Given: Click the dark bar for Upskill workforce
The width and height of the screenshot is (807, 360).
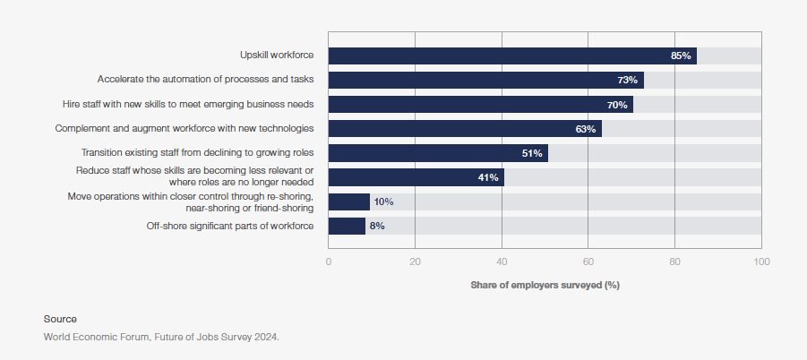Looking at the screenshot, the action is [x=512, y=56].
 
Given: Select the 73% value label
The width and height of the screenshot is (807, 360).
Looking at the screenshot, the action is [x=627, y=81].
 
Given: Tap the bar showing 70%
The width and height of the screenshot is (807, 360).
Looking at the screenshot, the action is [x=481, y=105].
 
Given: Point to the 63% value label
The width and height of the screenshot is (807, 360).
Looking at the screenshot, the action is [x=585, y=129].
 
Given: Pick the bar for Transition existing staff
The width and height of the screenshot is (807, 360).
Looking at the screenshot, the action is [x=439, y=153].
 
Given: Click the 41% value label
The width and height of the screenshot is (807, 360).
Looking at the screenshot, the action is [x=488, y=177].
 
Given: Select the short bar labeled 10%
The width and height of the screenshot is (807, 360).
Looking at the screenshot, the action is [x=349, y=201].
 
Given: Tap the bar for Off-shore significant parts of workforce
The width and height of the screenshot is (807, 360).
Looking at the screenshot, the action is [x=347, y=226].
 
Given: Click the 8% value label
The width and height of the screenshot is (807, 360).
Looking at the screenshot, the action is [x=377, y=226].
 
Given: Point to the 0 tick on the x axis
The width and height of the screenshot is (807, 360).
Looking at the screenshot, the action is [x=329, y=261].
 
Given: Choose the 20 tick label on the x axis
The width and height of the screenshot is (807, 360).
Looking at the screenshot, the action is [x=415, y=261].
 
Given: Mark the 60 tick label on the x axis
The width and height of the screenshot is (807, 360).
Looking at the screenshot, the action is [x=588, y=261].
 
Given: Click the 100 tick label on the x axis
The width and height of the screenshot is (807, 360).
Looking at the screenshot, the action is [x=761, y=261].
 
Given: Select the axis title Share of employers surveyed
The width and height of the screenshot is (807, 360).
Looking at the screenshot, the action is [x=545, y=285].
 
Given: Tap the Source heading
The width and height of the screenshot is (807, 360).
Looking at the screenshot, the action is [x=60, y=319].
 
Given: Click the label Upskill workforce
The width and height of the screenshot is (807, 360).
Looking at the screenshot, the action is [x=277, y=55].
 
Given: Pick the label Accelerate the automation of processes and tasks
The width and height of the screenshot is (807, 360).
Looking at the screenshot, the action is [x=205, y=79].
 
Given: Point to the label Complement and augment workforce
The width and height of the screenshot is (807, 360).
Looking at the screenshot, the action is [x=185, y=128].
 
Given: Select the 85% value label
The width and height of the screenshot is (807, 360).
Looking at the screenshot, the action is [x=681, y=56].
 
